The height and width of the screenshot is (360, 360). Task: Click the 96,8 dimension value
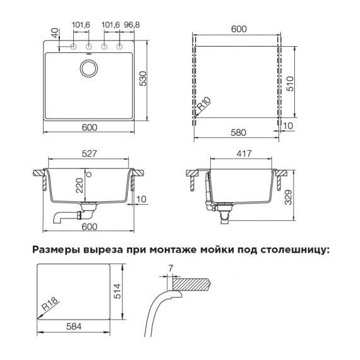tap(132, 25)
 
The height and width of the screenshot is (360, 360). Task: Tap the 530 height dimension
tap(143, 79)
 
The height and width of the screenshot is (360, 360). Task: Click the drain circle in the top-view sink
tap(89, 68)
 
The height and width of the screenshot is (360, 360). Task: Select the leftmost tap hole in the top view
tap(74, 47)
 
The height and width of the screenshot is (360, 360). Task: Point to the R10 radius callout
tap(204, 104)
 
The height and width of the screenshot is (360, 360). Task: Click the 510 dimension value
tap(290, 84)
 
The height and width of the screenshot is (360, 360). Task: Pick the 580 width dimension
tap(239, 133)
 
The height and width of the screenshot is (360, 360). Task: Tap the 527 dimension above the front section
tap(90, 153)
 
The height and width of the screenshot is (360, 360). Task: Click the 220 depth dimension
tap(80, 185)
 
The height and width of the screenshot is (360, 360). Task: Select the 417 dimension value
tap(244, 153)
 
